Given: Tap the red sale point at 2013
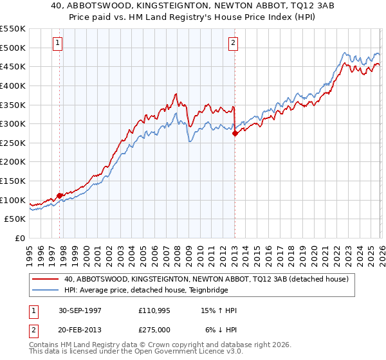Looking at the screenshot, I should pos(235,133).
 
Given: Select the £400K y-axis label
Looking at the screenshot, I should pos(13,85).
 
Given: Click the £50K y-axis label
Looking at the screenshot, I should pos(15,219).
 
